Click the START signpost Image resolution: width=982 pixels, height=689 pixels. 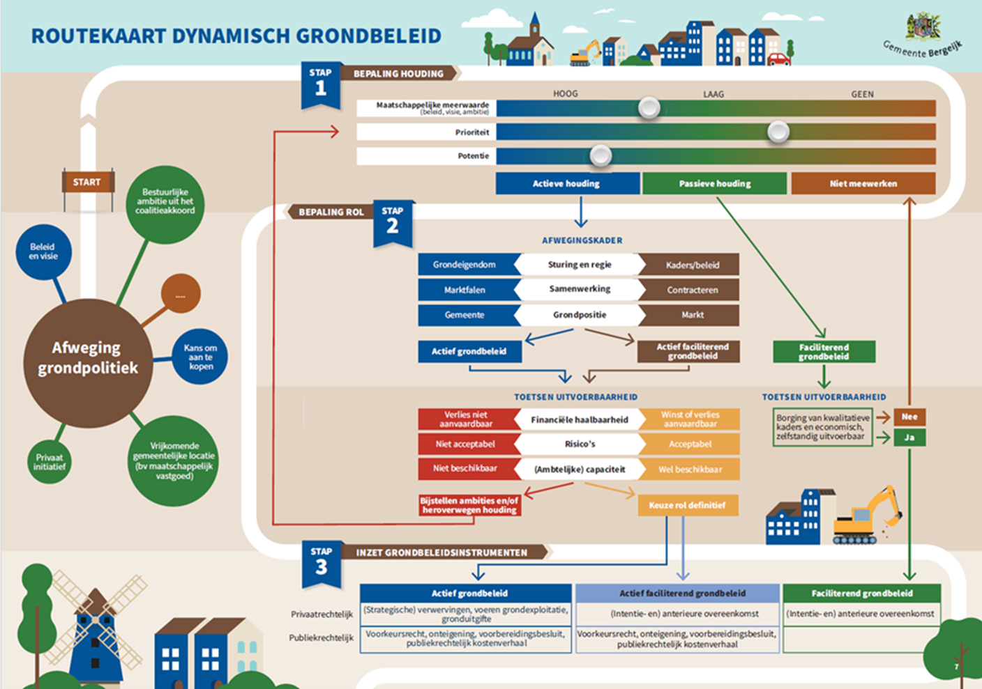(87, 183)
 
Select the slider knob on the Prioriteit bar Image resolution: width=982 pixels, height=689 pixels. (778, 132)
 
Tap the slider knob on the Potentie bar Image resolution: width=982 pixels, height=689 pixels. (600, 156)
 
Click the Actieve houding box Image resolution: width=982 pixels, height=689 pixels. (567, 184)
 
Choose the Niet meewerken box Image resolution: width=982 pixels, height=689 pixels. (863, 184)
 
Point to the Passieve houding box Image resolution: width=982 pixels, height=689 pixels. (714, 184)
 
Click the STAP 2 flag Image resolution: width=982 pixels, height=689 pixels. (393, 222)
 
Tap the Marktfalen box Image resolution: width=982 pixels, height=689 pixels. (465, 290)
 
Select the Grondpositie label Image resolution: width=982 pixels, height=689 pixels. (580, 315)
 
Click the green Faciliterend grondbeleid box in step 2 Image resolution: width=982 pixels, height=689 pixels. (824, 352)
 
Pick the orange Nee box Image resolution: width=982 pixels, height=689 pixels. (909, 417)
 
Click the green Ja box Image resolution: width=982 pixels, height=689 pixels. (909, 438)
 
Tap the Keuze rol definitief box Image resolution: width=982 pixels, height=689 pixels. (688, 505)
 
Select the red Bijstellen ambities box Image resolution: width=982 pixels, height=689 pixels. (469, 505)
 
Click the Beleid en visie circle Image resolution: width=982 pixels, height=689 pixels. (43, 251)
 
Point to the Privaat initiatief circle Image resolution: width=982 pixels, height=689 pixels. (50, 462)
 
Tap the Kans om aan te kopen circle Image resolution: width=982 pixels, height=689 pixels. (201, 357)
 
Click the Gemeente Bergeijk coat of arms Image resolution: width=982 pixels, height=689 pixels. (923, 27)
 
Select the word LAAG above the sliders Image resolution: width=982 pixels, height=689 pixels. (713, 94)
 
